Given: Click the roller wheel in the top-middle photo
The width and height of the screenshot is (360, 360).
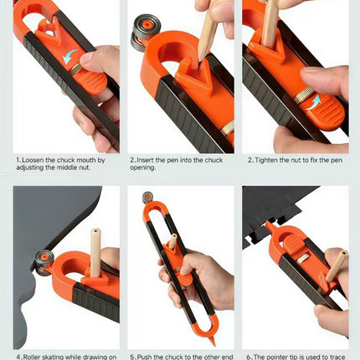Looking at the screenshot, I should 141,34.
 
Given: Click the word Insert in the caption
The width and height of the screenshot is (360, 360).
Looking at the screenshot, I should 149,158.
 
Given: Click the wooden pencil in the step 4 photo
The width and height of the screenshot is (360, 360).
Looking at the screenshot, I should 95,251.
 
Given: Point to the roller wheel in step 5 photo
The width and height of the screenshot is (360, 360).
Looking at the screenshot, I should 147,199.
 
